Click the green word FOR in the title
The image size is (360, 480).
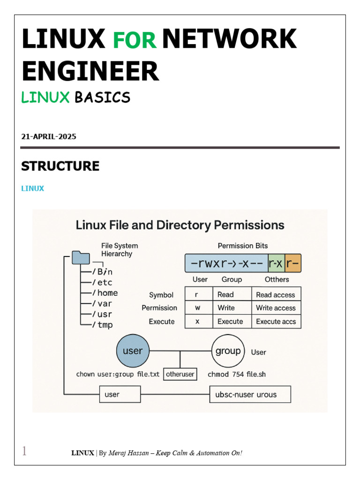(135, 40)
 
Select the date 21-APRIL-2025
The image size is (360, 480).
(49, 137)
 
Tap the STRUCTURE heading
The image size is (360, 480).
(60, 166)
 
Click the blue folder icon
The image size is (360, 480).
(81, 258)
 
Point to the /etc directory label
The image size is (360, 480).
(102, 282)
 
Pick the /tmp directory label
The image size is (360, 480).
(102, 324)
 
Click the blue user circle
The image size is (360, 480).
(133, 351)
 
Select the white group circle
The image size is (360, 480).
(228, 351)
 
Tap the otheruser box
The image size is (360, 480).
(180, 375)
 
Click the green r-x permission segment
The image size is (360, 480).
(276, 264)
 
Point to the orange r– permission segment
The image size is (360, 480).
(292, 264)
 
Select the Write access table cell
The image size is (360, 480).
(276, 308)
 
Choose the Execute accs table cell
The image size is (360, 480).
(276, 322)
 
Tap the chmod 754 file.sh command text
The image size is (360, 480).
(237, 375)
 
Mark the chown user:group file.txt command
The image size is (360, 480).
(118, 375)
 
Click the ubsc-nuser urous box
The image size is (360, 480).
(249, 395)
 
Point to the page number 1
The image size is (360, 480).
(24, 451)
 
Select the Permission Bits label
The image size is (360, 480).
(243, 246)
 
